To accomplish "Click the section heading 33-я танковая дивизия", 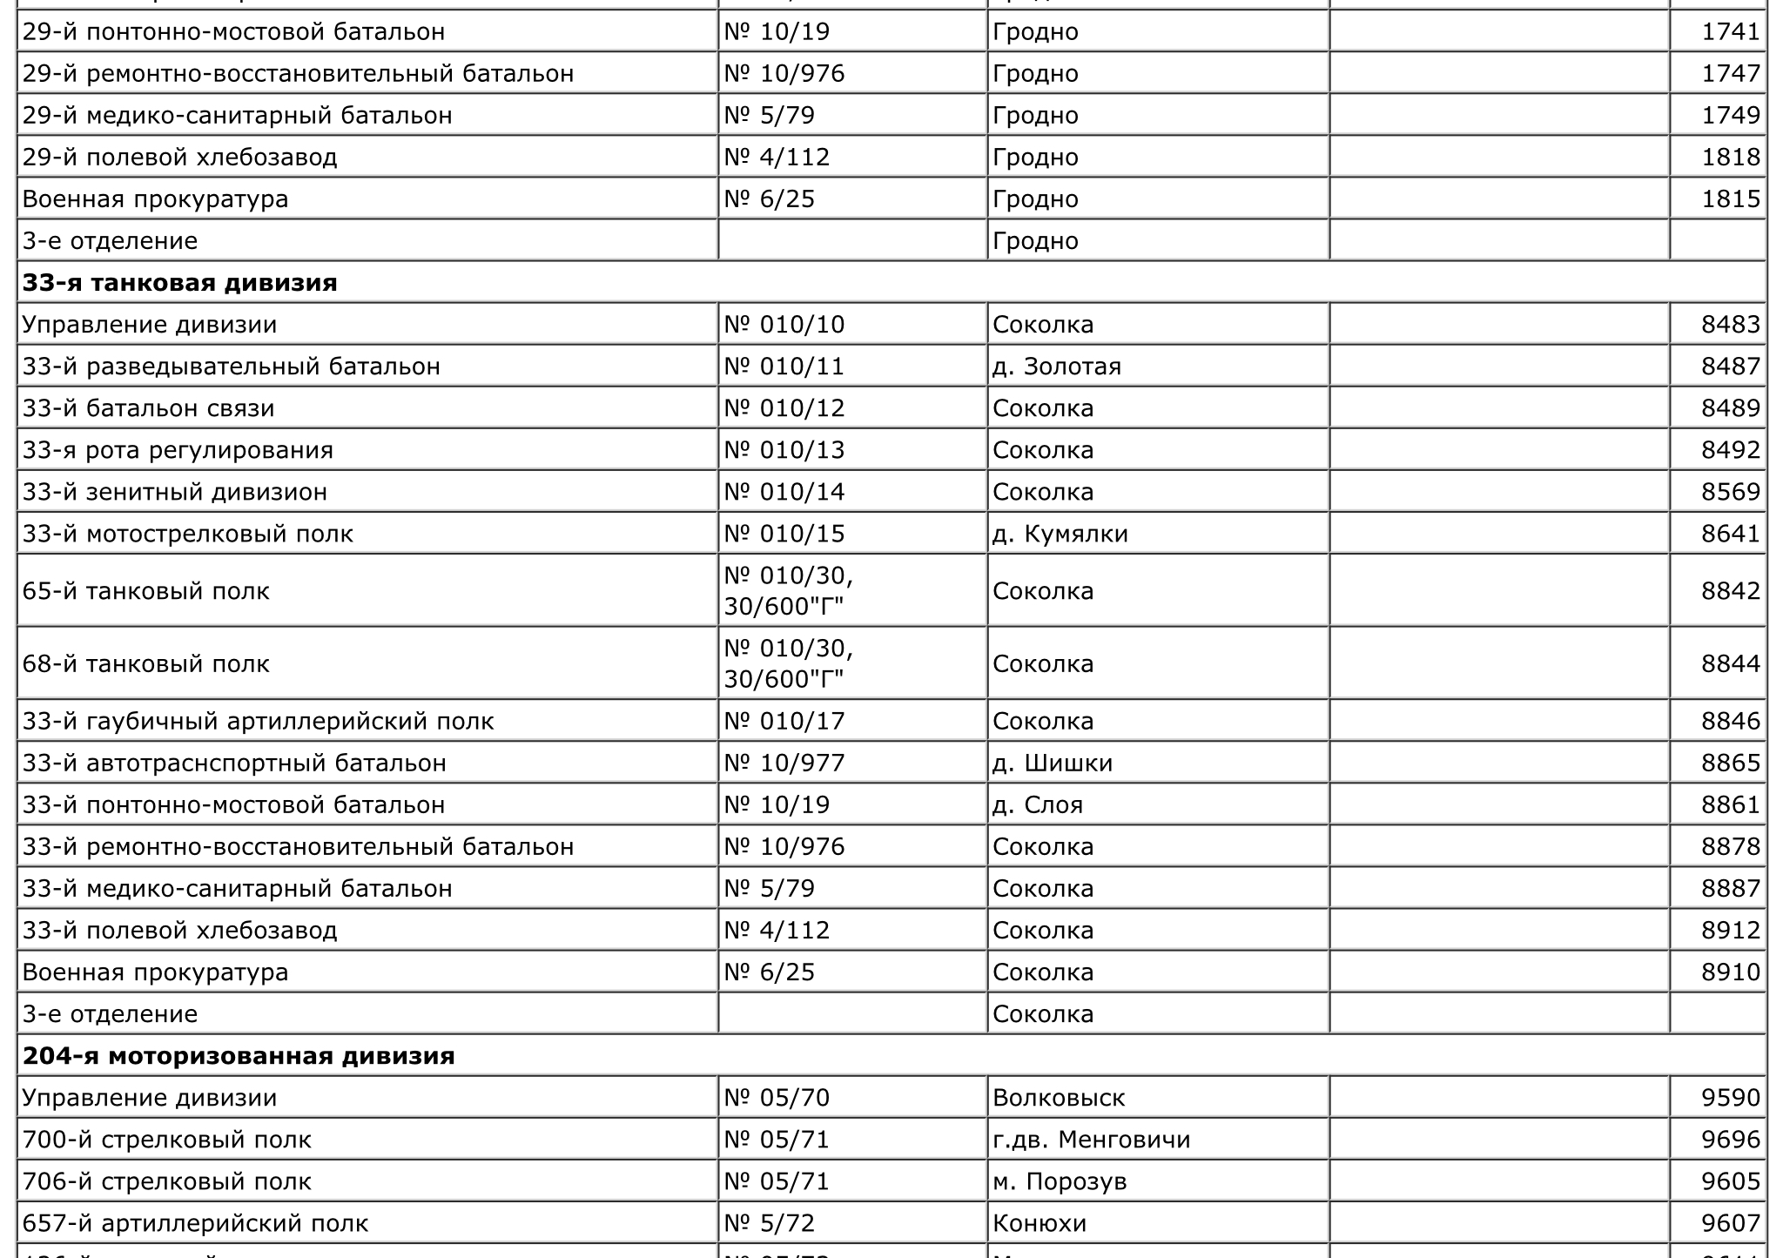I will pyautogui.click(x=179, y=283).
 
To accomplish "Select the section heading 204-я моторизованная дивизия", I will pyautogui.click(x=239, y=1056).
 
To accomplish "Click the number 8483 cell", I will pyautogui.click(x=1730, y=325).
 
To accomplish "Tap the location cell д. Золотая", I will pyautogui.click(x=1056, y=367).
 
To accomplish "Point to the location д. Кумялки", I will pyautogui.click(x=1060, y=534).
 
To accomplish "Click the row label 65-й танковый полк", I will pyautogui.click(x=146, y=591).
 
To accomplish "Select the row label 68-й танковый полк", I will pyautogui.click(x=146, y=663).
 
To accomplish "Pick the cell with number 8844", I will pyautogui.click(x=1730, y=663).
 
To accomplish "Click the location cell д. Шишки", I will pyautogui.click(x=1052, y=764).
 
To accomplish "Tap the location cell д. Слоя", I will pyautogui.click(x=1037, y=805).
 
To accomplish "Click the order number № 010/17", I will pyautogui.click(x=784, y=722).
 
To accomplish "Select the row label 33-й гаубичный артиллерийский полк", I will pyautogui.click(x=258, y=722).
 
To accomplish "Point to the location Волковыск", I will pyautogui.click(x=1059, y=1098).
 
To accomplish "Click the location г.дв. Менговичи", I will pyautogui.click(x=1091, y=1140).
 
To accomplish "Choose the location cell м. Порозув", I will pyautogui.click(x=1060, y=1181).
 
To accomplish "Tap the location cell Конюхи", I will pyautogui.click(x=1040, y=1223).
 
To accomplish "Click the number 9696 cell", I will pyautogui.click(x=1730, y=1140).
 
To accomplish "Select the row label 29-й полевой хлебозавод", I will pyautogui.click(x=179, y=158).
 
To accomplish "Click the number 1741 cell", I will pyautogui.click(x=1730, y=32).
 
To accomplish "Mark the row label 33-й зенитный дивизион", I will pyautogui.click(x=175, y=492).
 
